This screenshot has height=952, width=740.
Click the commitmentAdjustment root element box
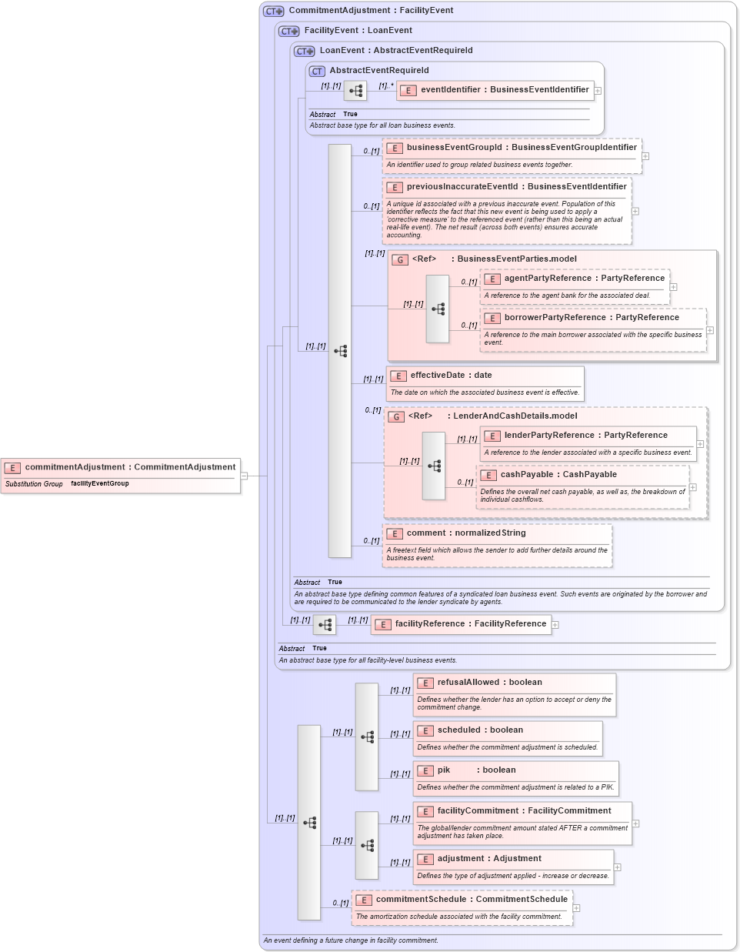(x=121, y=468)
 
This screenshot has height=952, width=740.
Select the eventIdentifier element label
(x=504, y=90)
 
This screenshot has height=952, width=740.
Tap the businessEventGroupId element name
(x=521, y=148)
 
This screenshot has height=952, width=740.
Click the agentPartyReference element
(x=583, y=279)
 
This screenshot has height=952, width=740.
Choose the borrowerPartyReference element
(x=591, y=318)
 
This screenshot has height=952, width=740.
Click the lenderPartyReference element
(x=585, y=436)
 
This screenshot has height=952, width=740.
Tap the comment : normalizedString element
(x=465, y=533)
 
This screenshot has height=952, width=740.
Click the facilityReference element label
(x=470, y=624)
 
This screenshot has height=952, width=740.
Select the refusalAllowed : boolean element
(x=489, y=683)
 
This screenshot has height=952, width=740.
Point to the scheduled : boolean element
(x=480, y=730)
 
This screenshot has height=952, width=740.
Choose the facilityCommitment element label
(x=524, y=811)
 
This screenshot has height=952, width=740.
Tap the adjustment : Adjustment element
(x=488, y=859)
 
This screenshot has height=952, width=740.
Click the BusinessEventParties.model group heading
(x=516, y=259)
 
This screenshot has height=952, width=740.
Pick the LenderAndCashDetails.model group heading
(x=515, y=416)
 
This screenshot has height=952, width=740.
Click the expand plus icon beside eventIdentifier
(x=598, y=91)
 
